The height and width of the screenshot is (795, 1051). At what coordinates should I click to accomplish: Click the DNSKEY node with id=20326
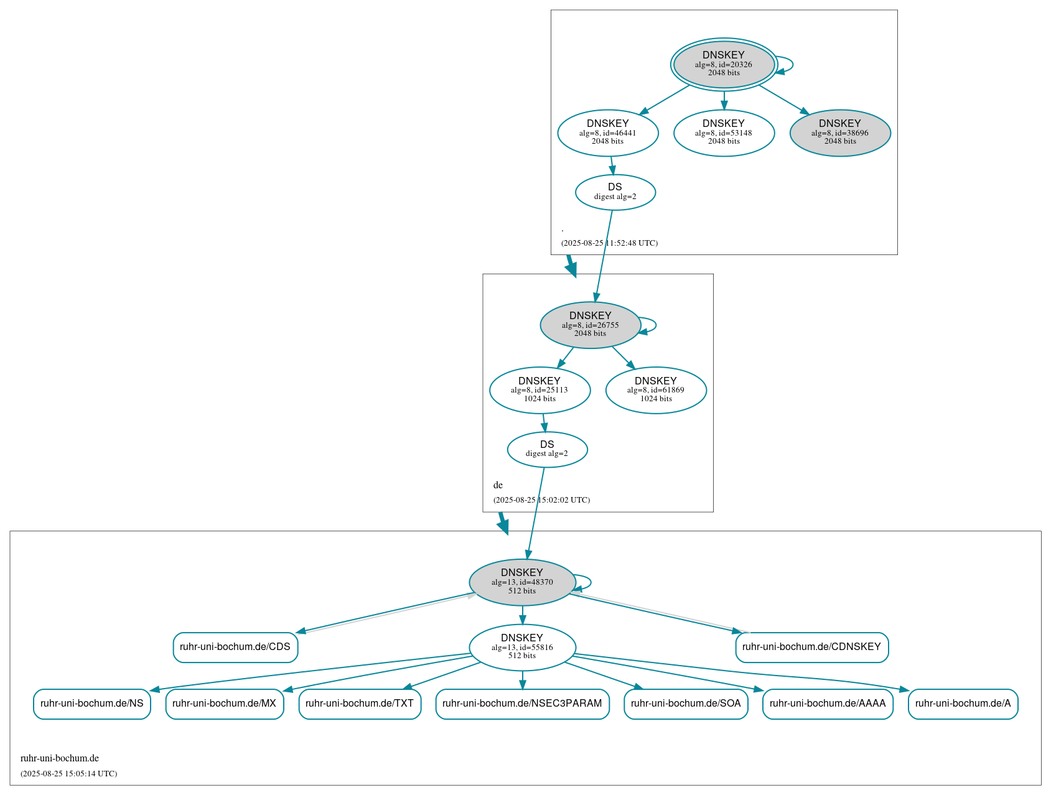click(724, 64)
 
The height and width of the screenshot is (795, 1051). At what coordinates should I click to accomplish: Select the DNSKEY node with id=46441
click(608, 132)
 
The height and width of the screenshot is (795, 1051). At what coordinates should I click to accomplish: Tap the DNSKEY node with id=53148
click(724, 132)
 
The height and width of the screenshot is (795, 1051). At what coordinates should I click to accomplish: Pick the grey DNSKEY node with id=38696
click(840, 132)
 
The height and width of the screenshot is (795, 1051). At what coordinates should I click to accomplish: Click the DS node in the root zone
click(615, 192)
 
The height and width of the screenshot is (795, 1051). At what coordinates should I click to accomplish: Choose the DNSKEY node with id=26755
click(590, 325)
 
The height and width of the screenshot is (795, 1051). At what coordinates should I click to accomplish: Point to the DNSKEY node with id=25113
click(540, 390)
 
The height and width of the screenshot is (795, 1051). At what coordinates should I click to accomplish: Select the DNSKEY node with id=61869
click(656, 390)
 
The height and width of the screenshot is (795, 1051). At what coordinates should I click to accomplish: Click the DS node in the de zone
click(547, 449)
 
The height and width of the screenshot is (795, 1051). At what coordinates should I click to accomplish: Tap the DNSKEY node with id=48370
click(522, 582)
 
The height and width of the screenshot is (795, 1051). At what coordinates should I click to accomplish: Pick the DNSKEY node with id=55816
click(522, 647)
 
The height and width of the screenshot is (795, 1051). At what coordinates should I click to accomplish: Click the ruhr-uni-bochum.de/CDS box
click(235, 647)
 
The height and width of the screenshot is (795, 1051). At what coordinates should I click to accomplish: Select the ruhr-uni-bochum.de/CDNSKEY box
click(811, 647)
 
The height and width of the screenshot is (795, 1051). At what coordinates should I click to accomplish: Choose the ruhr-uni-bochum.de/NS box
click(92, 704)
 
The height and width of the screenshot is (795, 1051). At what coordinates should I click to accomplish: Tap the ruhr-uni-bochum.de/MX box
click(224, 704)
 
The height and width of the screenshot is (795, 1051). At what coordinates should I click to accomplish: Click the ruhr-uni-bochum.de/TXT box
click(360, 704)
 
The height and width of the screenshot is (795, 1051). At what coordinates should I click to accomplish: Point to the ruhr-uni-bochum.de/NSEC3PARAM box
click(522, 704)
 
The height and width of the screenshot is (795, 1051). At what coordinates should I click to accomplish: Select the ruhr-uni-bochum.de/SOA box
click(686, 704)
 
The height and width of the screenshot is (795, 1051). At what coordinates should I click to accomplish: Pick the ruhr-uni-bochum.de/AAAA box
click(828, 704)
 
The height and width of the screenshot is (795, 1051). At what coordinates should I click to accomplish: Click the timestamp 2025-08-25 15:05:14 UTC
click(69, 774)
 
